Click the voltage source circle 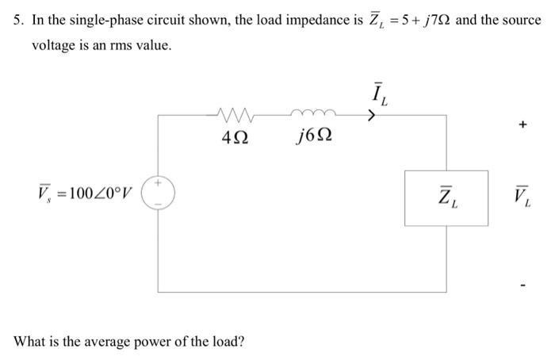click(159, 193)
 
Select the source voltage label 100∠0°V click(85, 193)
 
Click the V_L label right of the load click(521, 193)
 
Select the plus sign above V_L click(521, 124)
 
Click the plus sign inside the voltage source click(159, 184)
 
